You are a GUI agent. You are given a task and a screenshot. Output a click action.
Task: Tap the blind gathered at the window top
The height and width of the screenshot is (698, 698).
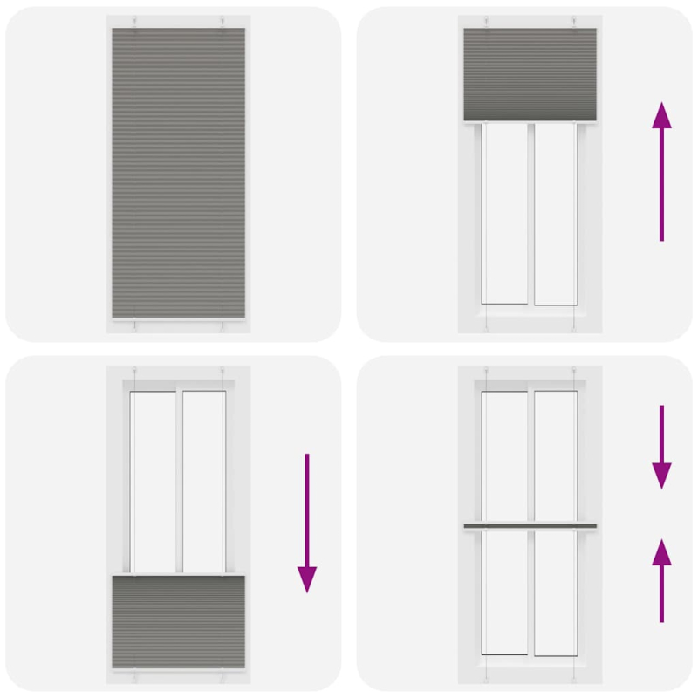pyautogui.click(x=530, y=74)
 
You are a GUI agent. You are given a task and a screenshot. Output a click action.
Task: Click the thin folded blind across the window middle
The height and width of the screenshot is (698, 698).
pyautogui.click(x=530, y=526)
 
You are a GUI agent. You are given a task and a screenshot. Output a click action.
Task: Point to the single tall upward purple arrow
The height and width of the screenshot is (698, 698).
pyautogui.click(x=661, y=171)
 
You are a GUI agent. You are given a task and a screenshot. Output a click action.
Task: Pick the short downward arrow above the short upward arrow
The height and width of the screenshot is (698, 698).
pyautogui.click(x=661, y=445)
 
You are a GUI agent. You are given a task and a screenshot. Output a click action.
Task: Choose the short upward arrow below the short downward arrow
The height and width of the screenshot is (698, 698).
pyautogui.click(x=661, y=580)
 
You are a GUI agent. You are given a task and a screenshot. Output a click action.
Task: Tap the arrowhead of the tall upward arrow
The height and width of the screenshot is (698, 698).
pyautogui.click(x=661, y=114)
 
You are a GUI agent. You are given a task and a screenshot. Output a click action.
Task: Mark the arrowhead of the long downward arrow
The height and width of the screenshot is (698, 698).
pyautogui.click(x=307, y=578)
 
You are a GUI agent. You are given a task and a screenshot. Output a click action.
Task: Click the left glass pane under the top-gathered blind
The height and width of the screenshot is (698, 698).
pyautogui.click(x=504, y=213)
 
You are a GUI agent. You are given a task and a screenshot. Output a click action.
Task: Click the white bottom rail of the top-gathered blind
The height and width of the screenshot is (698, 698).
pyautogui.click(x=530, y=122)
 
